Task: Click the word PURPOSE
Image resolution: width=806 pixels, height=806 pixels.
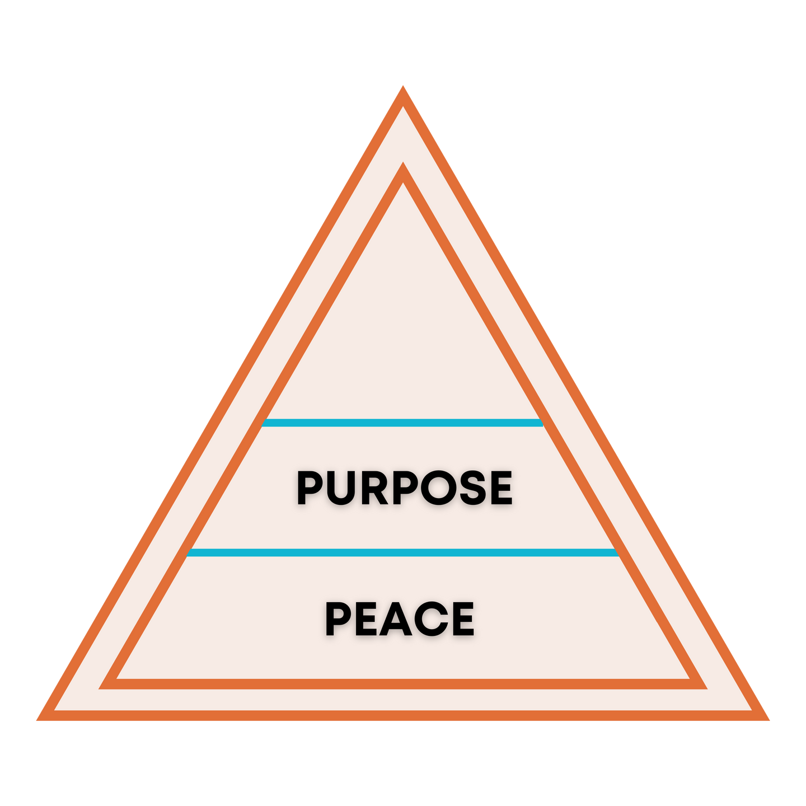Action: click(x=404, y=488)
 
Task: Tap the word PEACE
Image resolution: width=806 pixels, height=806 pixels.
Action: click(x=400, y=618)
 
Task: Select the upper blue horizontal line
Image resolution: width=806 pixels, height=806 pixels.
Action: click(x=402, y=423)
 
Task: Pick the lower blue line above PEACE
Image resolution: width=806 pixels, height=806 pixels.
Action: click(x=402, y=552)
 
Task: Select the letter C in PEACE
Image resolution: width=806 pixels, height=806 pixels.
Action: click(x=430, y=618)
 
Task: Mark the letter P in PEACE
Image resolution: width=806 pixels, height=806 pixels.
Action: click(x=338, y=618)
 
